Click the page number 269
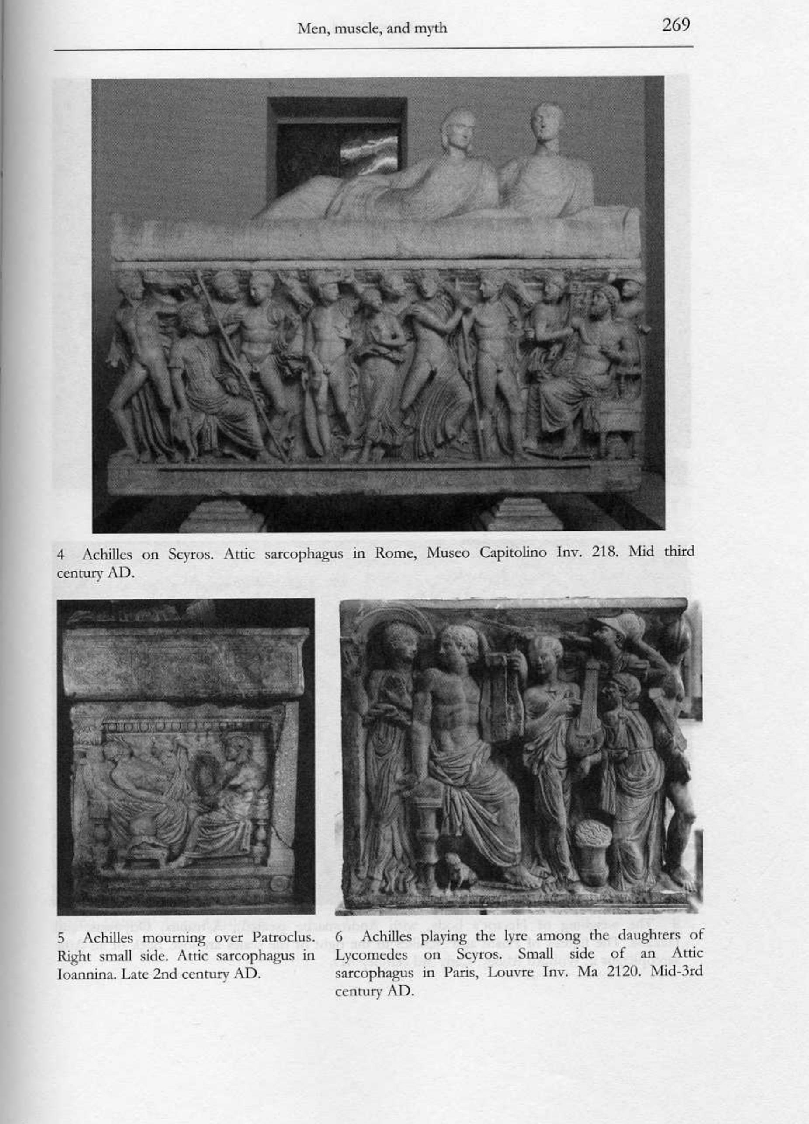676,25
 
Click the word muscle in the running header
355,29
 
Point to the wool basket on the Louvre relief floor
593,841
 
